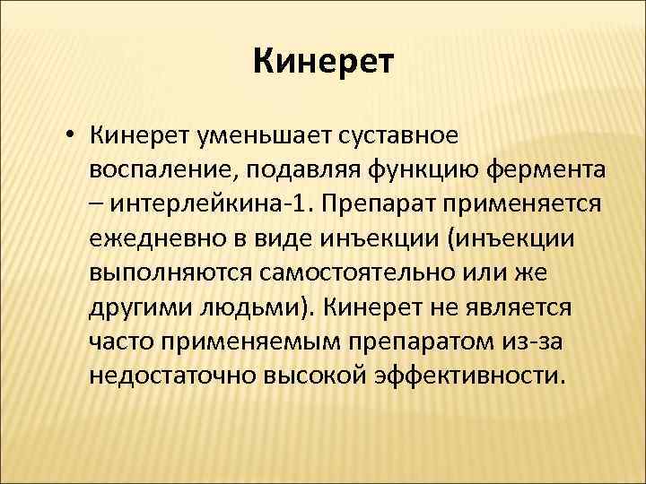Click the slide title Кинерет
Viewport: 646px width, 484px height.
click(323, 63)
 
